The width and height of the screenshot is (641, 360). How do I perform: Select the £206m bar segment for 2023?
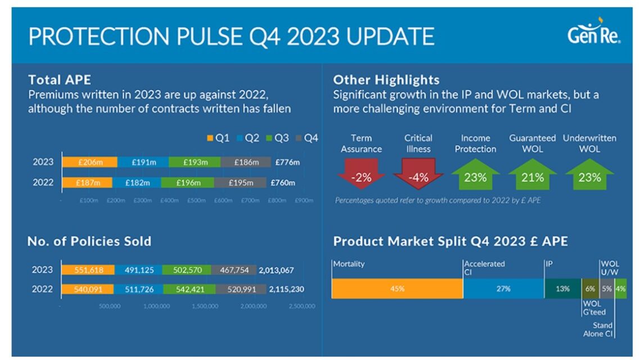pos(89,162)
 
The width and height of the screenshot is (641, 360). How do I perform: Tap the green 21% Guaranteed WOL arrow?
pos(532,175)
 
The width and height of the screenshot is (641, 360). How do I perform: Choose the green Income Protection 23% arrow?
pos(475,175)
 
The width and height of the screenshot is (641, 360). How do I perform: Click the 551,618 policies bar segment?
pos(88,270)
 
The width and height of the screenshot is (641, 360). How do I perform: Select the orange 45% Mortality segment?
pos(397,289)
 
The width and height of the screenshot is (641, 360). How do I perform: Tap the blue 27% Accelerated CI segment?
pos(503,289)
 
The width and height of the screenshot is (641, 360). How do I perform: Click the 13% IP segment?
pos(562,289)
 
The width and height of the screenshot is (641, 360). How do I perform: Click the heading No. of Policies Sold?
pos(89,241)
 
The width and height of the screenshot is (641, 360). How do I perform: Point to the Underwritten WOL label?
pos(589,143)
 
